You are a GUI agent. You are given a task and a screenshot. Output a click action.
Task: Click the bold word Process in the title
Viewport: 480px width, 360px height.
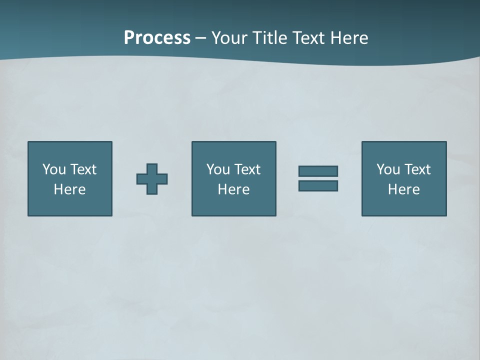pyautogui.click(x=157, y=38)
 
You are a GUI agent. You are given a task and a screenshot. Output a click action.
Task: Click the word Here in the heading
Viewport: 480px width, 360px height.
pyautogui.click(x=349, y=38)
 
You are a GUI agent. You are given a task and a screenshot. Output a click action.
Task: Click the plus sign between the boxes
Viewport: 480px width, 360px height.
pyautogui.click(x=152, y=179)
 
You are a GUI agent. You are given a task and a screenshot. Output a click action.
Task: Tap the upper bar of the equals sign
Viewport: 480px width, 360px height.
pyautogui.click(x=318, y=171)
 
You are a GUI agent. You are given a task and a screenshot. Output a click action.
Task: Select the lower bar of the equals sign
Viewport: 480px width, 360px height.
pyautogui.click(x=318, y=186)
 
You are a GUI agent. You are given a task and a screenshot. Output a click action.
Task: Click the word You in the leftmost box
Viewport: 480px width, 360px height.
pyautogui.click(x=54, y=169)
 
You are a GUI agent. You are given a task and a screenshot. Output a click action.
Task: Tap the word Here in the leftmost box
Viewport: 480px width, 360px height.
pyautogui.click(x=70, y=189)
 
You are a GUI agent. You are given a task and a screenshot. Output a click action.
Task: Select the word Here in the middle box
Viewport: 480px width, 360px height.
pyautogui.click(x=234, y=189)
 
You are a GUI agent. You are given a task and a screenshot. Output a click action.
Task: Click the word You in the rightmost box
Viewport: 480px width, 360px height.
pyautogui.click(x=388, y=169)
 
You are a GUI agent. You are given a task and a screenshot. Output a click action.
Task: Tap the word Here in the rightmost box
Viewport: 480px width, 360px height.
pyautogui.click(x=404, y=189)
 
